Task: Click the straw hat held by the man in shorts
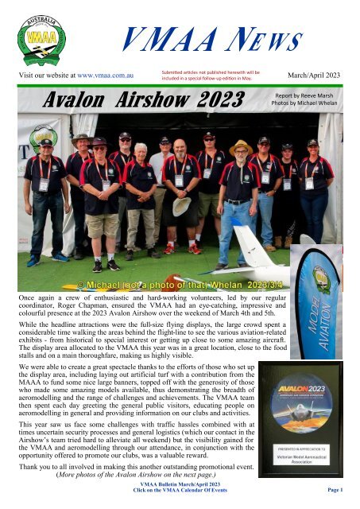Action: pyautogui.click(x=180, y=204)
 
